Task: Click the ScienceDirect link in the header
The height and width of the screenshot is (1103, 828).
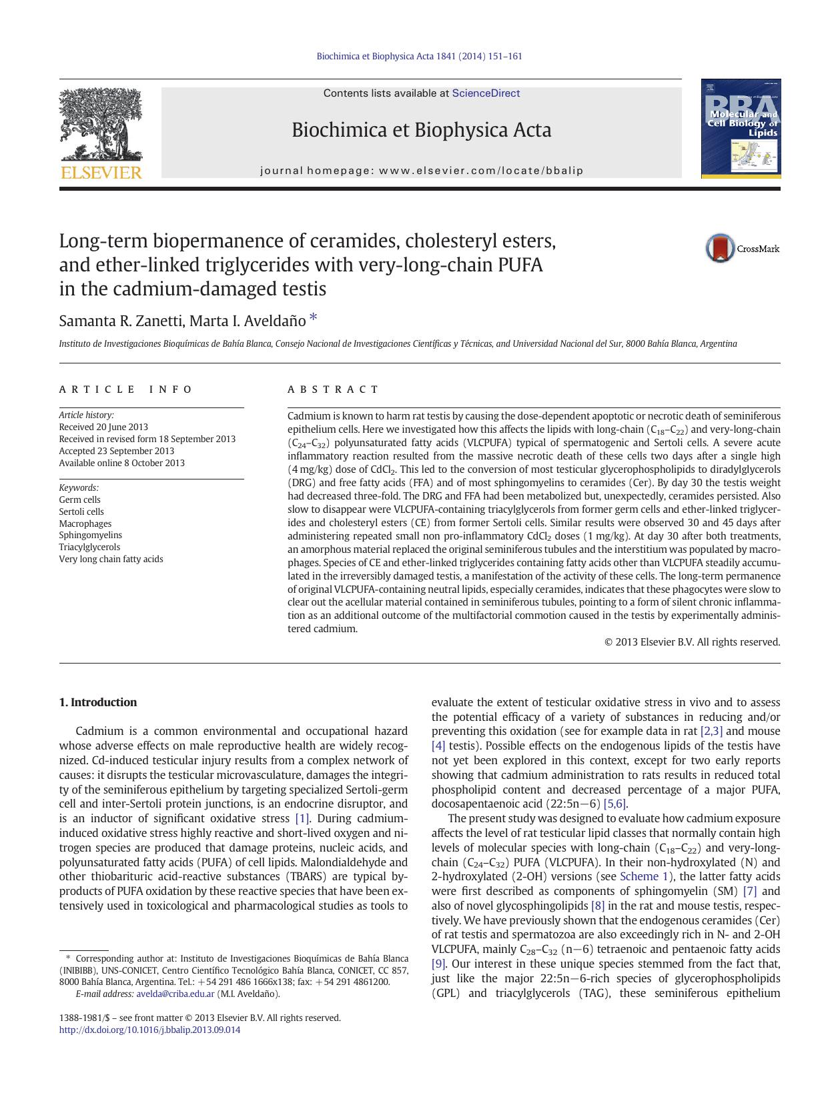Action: click(486, 93)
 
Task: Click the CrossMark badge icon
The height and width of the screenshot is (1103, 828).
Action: click(720, 248)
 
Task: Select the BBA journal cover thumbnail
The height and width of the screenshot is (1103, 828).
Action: click(741, 129)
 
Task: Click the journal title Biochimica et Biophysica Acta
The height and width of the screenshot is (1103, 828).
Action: click(421, 130)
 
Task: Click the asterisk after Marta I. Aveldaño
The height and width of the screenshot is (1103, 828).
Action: click(313, 318)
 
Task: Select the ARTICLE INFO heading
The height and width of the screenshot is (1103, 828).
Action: click(126, 389)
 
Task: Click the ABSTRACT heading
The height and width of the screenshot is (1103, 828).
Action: click(333, 389)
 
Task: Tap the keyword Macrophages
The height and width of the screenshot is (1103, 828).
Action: click(85, 523)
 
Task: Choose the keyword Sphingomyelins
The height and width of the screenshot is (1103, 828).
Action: click(90, 535)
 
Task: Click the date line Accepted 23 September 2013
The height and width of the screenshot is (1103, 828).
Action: click(116, 451)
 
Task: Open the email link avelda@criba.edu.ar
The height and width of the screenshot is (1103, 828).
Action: click(175, 994)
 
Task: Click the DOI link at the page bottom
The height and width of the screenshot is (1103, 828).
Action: click(149, 1030)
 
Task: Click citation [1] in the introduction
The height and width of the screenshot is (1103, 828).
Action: click(302, 818)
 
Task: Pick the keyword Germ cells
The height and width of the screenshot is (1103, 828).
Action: click(79, 499)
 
